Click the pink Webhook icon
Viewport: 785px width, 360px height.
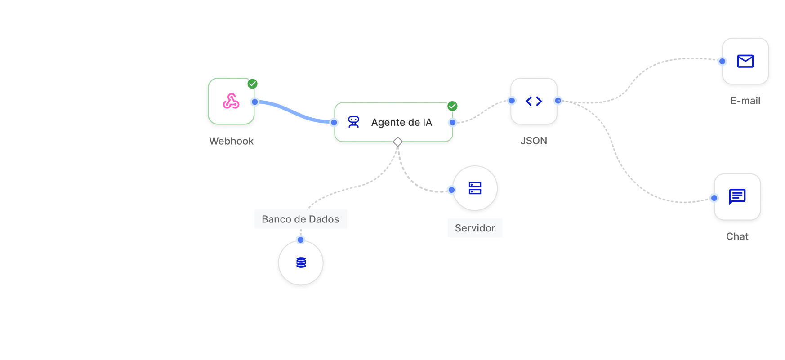click(231, 101)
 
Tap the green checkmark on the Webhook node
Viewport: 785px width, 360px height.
click(253, 84)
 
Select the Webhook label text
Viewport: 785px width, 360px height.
click(232, 141)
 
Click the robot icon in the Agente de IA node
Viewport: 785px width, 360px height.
click(354, 122)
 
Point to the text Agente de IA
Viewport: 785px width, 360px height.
click(401, 122)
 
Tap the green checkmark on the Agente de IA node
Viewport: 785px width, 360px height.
click(452, 106)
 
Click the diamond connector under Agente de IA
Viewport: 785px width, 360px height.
click(397, 142)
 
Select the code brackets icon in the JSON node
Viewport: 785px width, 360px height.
click(534, 101)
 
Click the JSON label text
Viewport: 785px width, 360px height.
click(534, 141)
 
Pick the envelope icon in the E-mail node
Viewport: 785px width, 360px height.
click(745, 61)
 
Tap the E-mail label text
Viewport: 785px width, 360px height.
click(745, 101)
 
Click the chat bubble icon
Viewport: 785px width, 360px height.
click(737, 196)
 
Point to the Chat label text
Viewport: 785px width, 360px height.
click(737, 236)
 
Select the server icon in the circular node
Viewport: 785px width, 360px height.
click(475, 188)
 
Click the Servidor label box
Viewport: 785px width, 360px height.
click(475, 228)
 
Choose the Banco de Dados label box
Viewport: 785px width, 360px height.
click(300, 219)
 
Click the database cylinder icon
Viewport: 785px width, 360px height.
click(301, 262)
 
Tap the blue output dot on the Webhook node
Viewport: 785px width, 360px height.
click(255, 102)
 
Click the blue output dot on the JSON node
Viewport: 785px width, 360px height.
click(558, 101)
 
